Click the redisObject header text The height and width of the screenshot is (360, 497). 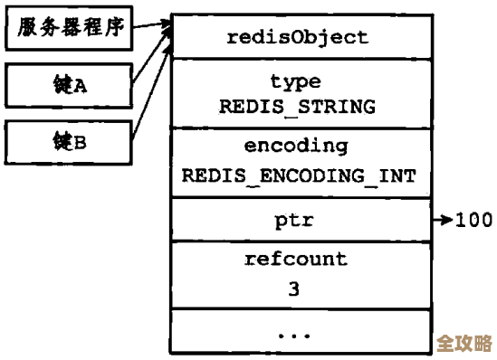297,37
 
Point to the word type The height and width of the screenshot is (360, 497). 297,82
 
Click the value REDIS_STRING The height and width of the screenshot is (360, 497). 297,106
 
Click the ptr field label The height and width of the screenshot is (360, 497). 297,220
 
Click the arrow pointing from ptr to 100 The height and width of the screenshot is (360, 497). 443,220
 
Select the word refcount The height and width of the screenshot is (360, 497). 295,260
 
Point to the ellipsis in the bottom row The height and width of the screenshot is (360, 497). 295,334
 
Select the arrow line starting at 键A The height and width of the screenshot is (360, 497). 147,61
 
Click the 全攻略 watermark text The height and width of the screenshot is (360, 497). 464,344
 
